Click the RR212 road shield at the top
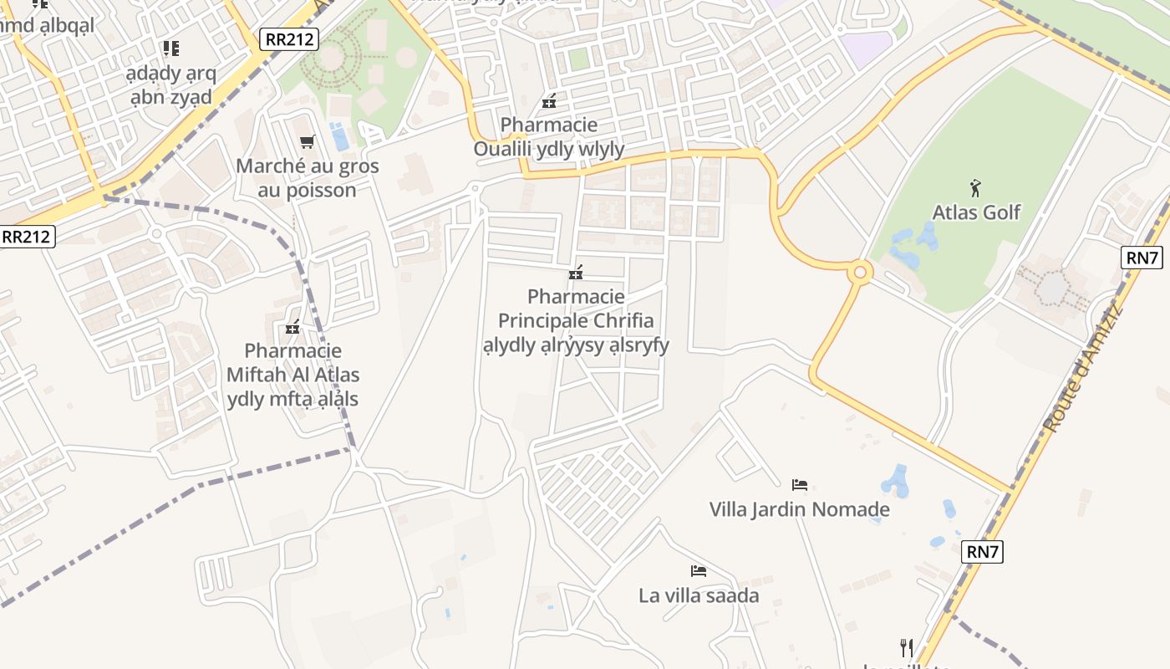click(x=288, y=38)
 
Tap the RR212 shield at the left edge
click(x=27, y=237)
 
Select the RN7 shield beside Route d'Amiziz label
click(x=1142, y=258)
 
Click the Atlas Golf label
click(x=976, y=212)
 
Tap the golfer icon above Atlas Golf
click(x=974, y=187)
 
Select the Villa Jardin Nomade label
click(x=799, y=509)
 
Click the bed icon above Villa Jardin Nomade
click(x=800, y=484)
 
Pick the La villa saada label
click(x=699, y=595)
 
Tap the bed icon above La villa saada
click(x=699, y=571)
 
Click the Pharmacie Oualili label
click(x=549, y=137)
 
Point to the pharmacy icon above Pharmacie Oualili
click(x=549, y=102)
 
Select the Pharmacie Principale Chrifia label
click(x=576, y=321)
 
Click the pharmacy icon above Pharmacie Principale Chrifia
click(x=576, y=273)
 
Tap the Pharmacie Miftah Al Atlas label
click(x=292, y=375)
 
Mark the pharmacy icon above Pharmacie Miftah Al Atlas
click(x=292, y=327)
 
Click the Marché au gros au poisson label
click(x=308, y=178)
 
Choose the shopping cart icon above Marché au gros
click(x=307, y=141)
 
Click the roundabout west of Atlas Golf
click(x=859, y=272)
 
